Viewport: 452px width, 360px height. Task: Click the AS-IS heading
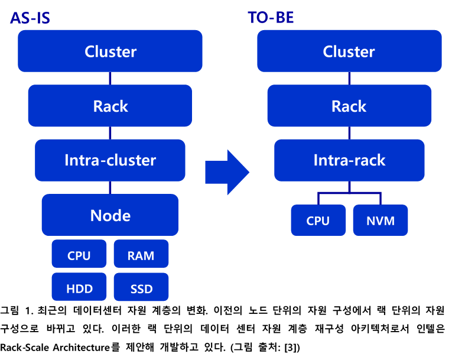pos(30,18)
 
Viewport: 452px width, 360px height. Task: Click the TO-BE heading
pos(271,17)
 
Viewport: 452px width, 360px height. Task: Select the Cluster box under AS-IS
pos(110,51)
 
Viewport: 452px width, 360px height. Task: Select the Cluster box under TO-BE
pos(349,51)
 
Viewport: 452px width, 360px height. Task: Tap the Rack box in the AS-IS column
pos(110,106)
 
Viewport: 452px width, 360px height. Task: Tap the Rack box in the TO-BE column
pos(349,106)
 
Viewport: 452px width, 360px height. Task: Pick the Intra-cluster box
pos(110,160)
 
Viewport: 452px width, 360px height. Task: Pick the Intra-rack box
pos(349,160)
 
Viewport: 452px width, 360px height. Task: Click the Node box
pos(110,215)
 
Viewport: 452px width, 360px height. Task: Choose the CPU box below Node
pos(79,254)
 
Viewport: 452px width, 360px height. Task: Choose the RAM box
pos(141,254)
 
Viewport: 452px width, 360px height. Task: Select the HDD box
pos(79,287)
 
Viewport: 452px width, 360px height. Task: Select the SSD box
pos(141,287)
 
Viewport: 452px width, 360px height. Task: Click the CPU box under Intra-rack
pos(318,220)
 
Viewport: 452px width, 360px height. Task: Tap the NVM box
pos(381,220)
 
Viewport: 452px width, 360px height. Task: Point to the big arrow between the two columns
pos(227,172)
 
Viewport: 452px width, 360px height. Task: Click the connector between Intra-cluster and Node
pos(110,188)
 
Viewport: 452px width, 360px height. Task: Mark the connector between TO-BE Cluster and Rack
pos(349,79)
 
